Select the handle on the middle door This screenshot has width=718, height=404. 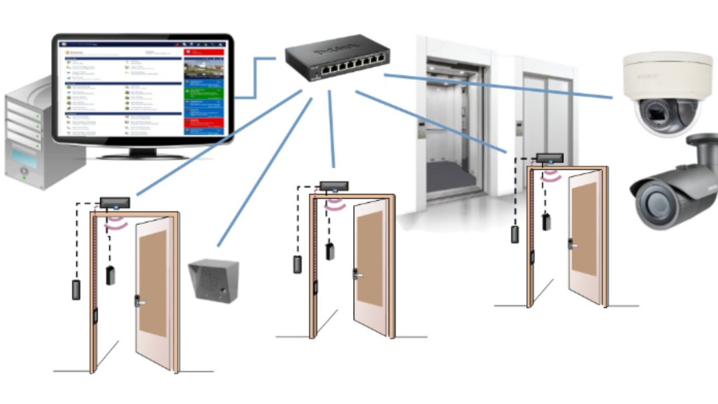[357, 275]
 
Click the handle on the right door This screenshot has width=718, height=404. [572, 245]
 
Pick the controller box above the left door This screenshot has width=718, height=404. [115, 203]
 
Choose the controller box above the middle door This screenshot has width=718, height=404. [334, 186]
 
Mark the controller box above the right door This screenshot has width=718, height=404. [549, 157]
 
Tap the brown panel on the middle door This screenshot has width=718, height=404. [370, 258]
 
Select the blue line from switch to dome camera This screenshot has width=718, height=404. [497, 86]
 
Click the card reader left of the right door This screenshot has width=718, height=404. [515, 235]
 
